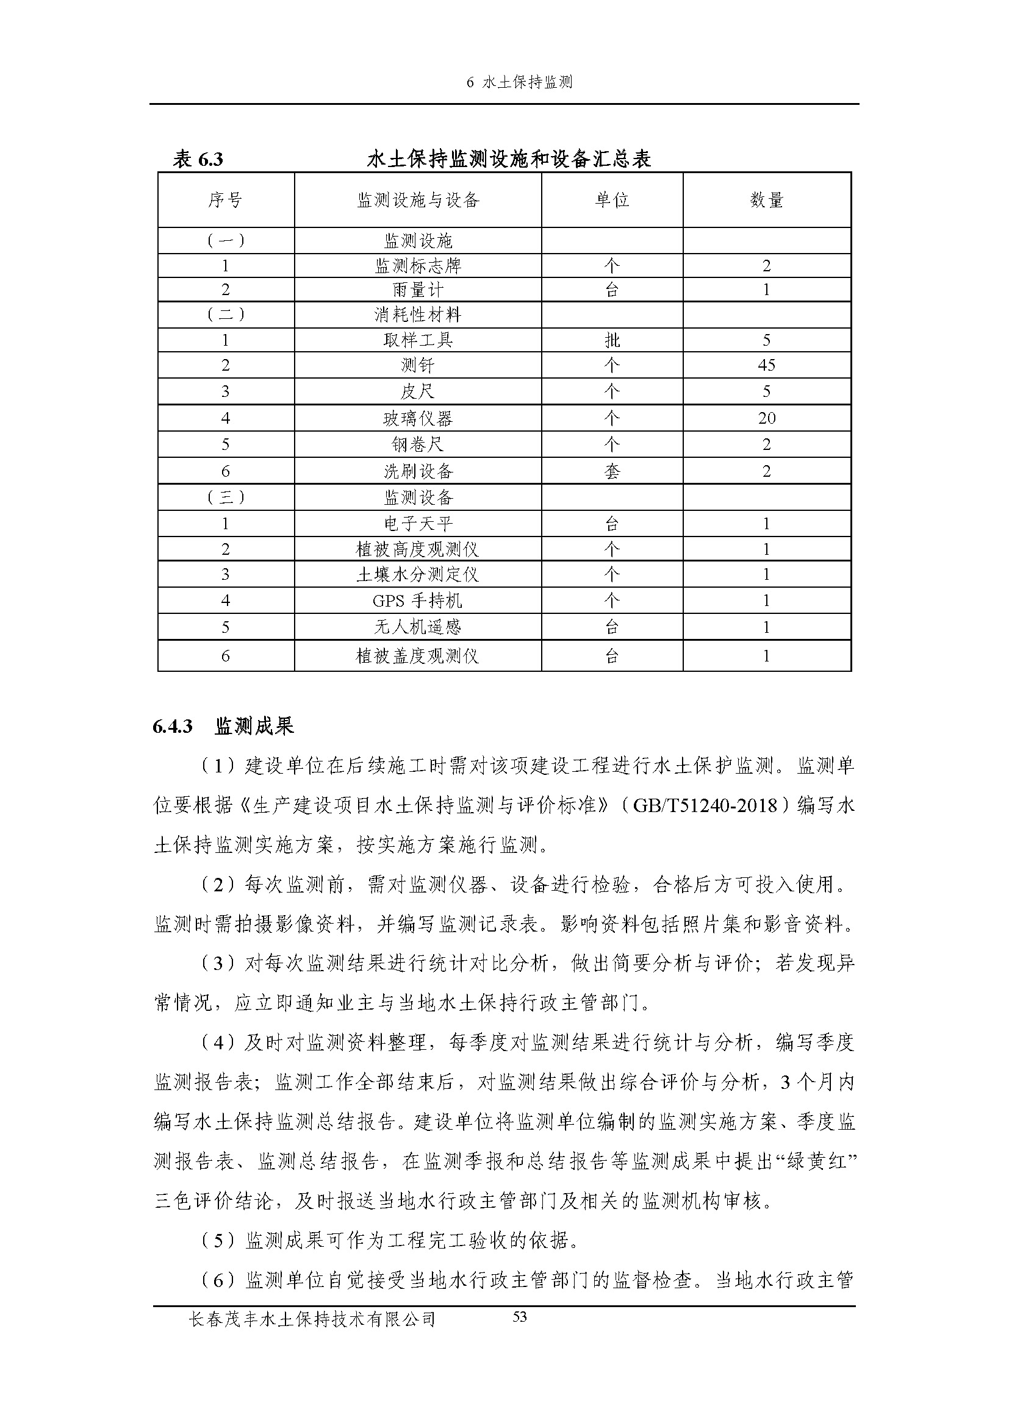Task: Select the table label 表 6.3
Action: [x=198, y=160]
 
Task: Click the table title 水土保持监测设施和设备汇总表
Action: [x=509, y=160]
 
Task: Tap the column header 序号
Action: [x=225, y=200]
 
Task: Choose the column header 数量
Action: [x=766, y=200]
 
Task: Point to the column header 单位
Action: [x=612, y=200]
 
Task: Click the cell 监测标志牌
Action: [x=417, y=266]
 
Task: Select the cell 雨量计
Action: [x=417, y=290]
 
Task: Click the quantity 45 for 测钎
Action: [x=766, y=365]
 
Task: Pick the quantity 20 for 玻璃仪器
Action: [x=766, y=418]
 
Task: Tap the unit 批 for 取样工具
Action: [x=612, y=340]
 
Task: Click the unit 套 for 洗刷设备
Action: [x=612, y=471]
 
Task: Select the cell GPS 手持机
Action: [x=417, y=601]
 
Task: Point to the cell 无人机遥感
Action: [x=417, y=627]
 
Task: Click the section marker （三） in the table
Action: [x=225, y=497]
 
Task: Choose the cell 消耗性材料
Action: [x=417, y=315]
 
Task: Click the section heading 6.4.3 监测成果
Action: [x=223, y=726]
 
